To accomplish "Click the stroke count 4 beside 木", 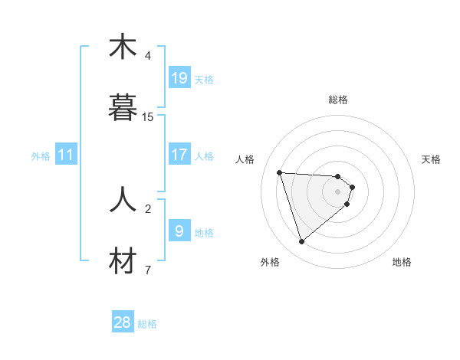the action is pos(148,56).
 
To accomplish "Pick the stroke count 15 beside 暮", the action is pos(148,117).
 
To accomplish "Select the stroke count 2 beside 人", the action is pos(148,208).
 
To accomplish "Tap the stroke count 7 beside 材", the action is pos(148,270).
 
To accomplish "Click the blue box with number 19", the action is pos(179,77).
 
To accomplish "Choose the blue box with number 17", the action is pos(179,154).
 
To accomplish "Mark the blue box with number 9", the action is pos(179,231).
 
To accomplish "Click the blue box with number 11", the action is pos(66,155).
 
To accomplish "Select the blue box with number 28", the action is pos(123,322).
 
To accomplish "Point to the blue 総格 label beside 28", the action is pos(147,324).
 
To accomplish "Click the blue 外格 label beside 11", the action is pos(41,156).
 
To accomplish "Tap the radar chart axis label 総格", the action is pos(338,100).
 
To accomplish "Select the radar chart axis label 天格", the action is pos(431,159).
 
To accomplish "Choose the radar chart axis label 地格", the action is pos(402,262).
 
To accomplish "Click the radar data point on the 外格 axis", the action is pos(301,242).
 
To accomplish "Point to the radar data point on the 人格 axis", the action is pos(280,172).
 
